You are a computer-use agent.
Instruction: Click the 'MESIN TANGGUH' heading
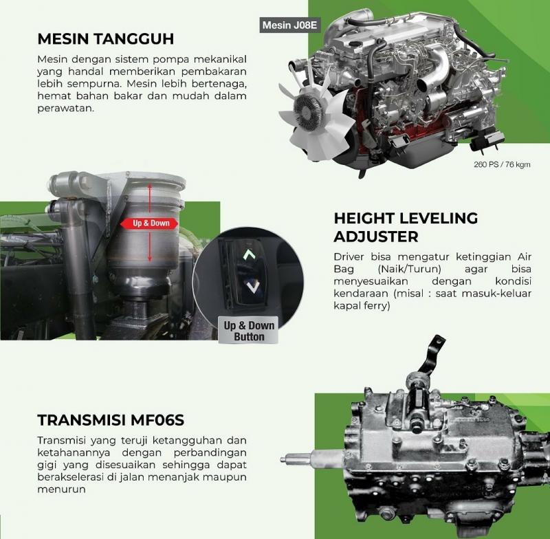click(x=106, y=39)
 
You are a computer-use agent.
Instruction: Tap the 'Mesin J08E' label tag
click(x=289, y=25)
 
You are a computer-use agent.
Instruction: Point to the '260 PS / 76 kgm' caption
click(x=502, y=164)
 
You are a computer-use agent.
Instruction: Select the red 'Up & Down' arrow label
click(x=149, y=223)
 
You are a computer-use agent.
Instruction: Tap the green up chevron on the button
click(x=250, y=254)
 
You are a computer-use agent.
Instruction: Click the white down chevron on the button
click(x=252, y=287)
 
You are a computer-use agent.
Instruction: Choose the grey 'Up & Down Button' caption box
click(x=249, y=331)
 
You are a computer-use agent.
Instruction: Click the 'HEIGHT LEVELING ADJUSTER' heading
click(x=406, y=228)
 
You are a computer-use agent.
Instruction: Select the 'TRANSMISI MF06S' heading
click(x=111, y=420)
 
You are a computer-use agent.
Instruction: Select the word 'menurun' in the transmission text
click(x=61, y=489)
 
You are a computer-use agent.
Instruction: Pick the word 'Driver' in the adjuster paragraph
click(x=349, y=256)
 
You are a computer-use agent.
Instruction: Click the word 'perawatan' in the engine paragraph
click(x=65, y=109)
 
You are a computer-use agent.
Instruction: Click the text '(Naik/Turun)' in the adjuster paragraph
click(x=410, y=269)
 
